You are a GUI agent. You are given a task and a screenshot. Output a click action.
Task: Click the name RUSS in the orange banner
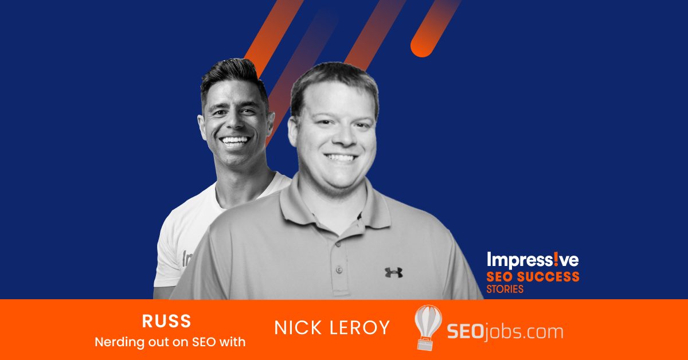pos(166,321)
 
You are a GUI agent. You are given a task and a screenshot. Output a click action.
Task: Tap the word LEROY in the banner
pos(359,327)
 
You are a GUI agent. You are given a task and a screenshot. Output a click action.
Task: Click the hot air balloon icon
pos(428,327)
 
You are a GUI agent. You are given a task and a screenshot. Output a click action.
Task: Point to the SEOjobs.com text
pos(505,332)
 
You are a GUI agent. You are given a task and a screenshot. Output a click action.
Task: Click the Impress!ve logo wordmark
pos(533,260)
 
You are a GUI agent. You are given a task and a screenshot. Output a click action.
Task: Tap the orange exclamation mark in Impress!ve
pos(557,259)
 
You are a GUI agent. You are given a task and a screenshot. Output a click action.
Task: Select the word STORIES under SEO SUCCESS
pos(505,289)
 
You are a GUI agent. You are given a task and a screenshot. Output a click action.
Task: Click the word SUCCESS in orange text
pos(548,277)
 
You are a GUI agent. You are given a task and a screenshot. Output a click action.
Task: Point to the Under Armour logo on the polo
pos(393,272)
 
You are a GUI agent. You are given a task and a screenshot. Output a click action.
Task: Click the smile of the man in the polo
pos(341,158)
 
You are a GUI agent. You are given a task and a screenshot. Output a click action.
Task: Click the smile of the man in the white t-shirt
pos(234,140)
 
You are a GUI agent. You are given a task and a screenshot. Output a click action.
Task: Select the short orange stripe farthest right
pos(436,28)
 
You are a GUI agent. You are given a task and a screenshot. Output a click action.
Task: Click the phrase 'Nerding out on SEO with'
pos(170,342)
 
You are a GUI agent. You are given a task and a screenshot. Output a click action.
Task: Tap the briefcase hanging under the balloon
pos(425,344)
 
